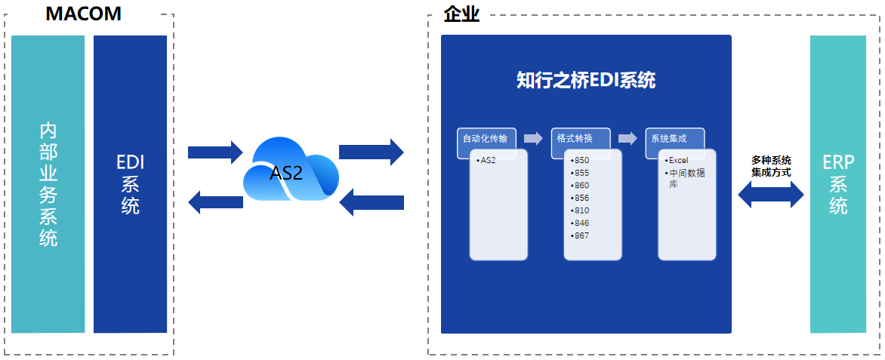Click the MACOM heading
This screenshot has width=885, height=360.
(83, 13)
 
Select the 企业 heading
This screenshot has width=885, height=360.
(461, 14)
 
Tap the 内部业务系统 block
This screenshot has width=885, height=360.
(48, 184)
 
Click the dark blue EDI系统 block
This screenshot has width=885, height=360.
(131, 184)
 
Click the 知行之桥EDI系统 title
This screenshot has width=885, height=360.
(586, 81)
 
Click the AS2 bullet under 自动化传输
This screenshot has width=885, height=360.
(486, 160)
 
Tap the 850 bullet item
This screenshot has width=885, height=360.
(580, 160)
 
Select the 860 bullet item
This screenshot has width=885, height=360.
(580, 186)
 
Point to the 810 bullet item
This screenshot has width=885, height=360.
(580, 211)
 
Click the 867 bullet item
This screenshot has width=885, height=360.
(580, 236)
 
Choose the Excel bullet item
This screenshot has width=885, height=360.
(676, 160)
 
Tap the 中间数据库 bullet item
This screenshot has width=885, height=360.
(685, 178)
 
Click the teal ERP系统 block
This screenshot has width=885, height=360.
(838, 184)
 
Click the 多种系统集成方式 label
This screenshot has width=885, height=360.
(771, 166)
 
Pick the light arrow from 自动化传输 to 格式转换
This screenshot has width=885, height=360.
(533, 138)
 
